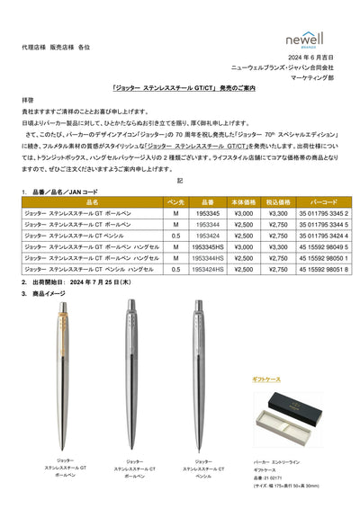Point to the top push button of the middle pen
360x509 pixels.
click(130, 301)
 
